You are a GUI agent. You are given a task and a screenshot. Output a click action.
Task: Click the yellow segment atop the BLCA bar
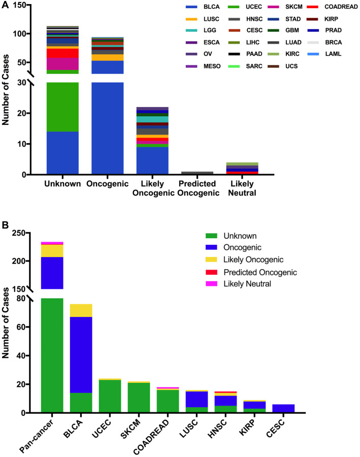[81, 310]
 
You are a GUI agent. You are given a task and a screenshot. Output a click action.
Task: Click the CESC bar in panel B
[284, 408]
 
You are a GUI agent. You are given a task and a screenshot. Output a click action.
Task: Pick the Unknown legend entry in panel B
[238, 236]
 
